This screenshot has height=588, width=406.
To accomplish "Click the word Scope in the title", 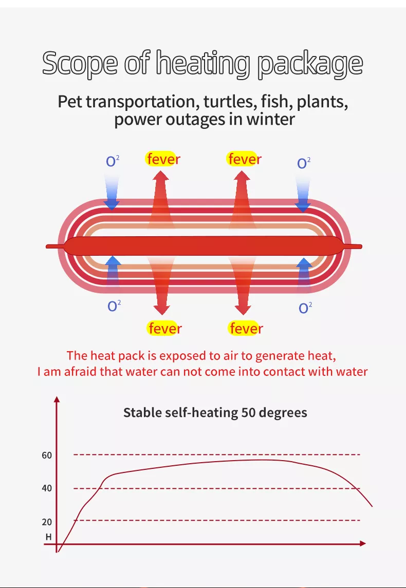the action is pyautogui.click(x=80, y=64).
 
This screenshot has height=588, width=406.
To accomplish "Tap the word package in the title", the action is pyautogui.click(x=310, y=64).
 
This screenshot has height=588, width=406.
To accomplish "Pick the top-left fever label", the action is pyautogui.click(x=163, y=159).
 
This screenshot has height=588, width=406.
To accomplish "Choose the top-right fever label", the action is pyautogui.click(x=244, y=159).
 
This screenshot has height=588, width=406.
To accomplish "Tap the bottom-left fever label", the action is pyautogui.click(x=165, y=328).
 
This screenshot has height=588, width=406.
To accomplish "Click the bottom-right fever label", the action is pyautogui.click(x=246, y=328).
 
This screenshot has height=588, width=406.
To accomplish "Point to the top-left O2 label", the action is pyautogui.click(x=113, y=161).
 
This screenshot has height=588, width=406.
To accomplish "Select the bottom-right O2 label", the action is pyautogui.click(x=305, y=308).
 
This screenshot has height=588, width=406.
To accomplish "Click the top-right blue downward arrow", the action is pyautogui.click(x=303, y=194).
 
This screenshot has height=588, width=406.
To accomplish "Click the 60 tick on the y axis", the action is pyautogui.click(x=47, y=455).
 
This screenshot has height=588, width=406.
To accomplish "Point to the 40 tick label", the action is pyautogui.click(x=47, y=488).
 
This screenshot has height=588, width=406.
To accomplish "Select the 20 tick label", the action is pyautogui.click(x=47, y=522).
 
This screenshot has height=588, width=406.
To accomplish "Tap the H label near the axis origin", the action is pyautogui.click(x=48, y=537).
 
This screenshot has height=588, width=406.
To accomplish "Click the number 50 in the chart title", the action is pyautogui.click(x=248, y=412).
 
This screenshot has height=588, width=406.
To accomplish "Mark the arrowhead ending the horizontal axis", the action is pyautogui.click(x=362, y=543).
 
